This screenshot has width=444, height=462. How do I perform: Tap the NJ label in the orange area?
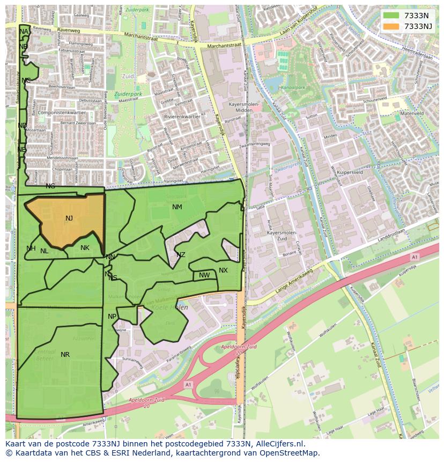pyautogui.click(x=69, y=218)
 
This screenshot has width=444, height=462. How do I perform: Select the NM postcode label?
pyautogui.click(x=177, y=207)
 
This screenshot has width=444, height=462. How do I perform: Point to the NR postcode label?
pyautogui.click(x=65, y=355)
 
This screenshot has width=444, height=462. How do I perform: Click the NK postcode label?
pyautogui.click(x=85, y=248)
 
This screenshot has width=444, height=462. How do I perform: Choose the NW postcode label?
pyautogui.click(x=204, y=275)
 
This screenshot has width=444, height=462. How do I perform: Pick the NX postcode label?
pyautogui.click(x=223, y=270)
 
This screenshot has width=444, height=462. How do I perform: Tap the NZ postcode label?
pyautogui.click(x=181, y=255)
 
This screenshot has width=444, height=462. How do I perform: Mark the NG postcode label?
pyautogui.click(x=50, y=186)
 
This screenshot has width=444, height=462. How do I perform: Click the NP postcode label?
pyautogui.click(x=112, y=317)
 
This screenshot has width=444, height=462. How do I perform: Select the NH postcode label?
pyautogui.click(x=31, y=248)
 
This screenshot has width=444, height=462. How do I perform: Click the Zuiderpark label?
pyautogui.click(x=128, y=94)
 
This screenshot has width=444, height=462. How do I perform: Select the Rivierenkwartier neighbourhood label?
pyautogui.click(x=182, y=116)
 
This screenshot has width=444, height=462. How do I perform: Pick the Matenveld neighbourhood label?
pyautogui.click(x=412, y=114)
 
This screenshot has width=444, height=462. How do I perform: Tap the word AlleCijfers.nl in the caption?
pyautogui.click(x=280, y=444)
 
